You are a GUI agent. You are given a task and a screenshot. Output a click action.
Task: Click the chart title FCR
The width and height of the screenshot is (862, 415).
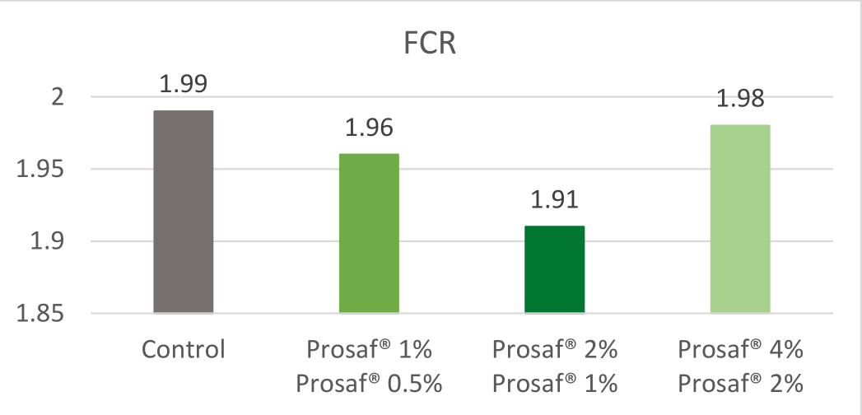[x=430, y=42]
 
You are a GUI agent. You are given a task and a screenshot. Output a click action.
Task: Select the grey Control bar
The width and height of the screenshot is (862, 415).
[x=184, y=212]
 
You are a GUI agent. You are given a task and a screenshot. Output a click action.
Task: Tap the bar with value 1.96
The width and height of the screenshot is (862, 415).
[x=369, y=233]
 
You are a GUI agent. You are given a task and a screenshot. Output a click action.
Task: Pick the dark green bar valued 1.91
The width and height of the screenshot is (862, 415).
[x=554, y=269]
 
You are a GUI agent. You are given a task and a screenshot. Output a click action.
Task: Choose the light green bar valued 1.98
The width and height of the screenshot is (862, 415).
[x=740, y=219]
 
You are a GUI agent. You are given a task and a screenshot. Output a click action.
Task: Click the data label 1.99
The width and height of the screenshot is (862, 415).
[x=184, y=84]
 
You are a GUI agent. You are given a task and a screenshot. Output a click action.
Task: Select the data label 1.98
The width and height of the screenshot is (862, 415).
[x=740, y=99]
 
